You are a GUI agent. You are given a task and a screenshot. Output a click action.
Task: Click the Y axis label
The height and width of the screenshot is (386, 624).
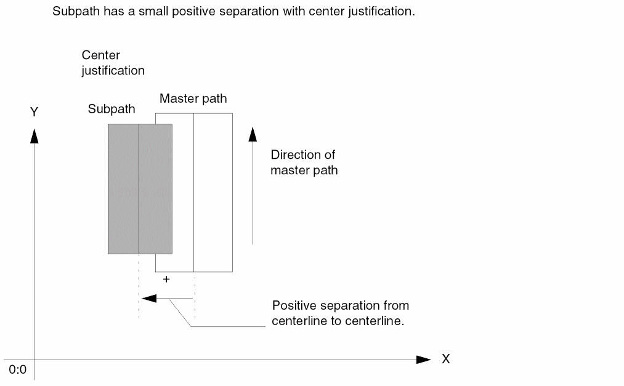[x=34, y=112]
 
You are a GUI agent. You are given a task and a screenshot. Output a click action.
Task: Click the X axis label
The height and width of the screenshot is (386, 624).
[x=445, y=359]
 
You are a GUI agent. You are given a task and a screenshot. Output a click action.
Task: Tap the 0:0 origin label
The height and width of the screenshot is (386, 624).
[x=17, y=370]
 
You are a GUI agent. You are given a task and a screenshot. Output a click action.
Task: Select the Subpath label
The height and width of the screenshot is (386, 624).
[x=111, y=110]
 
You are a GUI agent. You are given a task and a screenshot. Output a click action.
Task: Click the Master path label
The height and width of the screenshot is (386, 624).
[x=193, y=99]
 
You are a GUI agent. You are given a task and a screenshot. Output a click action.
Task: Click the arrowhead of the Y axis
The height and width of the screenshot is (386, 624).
[x=34, y=135]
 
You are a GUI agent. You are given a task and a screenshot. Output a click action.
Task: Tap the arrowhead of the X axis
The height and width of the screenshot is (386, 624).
[x=423, y=360]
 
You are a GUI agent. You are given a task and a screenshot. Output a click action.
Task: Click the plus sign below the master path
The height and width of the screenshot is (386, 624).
[x=166, y=279]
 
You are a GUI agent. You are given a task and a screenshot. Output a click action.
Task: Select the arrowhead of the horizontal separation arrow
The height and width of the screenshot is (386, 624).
[x=148, y=299]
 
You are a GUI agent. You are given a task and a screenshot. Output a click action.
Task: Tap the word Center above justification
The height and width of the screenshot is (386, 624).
[x=100, y=55]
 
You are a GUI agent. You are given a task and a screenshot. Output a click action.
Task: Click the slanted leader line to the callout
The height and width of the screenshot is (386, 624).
[x=181, y=313]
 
